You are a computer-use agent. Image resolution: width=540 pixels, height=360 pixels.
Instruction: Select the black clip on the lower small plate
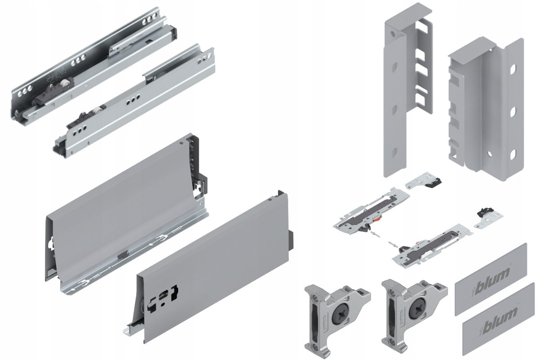pyautogui.click(x=485, y=211)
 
